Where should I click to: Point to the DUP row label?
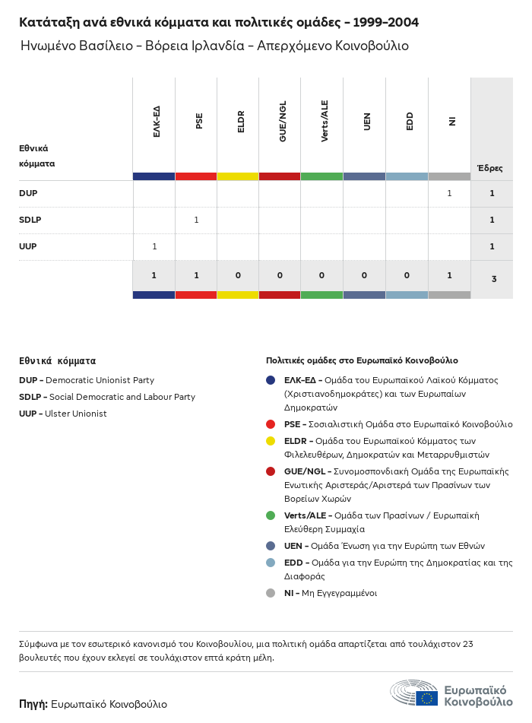28,193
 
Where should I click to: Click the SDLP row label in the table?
30,220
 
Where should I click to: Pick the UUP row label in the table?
28,246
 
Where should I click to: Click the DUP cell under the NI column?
449,193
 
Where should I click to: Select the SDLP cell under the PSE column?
196,220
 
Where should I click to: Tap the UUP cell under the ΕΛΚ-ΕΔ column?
154,246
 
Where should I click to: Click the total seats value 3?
493,279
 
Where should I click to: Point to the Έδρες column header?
489,168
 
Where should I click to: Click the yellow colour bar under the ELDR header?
238,176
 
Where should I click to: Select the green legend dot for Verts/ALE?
271,515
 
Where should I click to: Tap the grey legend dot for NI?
271,593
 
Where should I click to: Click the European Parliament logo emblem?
414,693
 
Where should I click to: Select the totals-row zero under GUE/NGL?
280,275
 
